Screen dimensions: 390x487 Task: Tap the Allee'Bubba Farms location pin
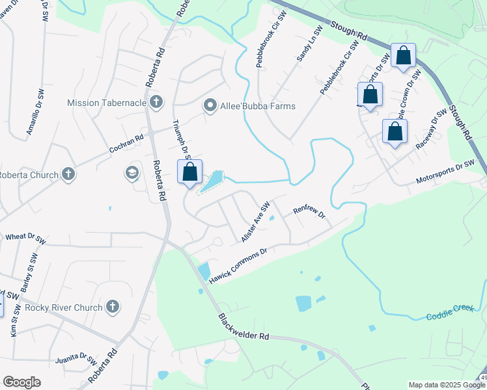(x=210, y=105)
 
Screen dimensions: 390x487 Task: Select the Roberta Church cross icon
(x=68, y=174)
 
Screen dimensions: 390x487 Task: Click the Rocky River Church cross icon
(x=112, y=307)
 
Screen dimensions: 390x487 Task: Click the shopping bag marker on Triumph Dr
(x=190, y=173)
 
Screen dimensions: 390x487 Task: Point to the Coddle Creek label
(x=449, y=312)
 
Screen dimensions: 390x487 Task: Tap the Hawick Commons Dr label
(x=238, y=264)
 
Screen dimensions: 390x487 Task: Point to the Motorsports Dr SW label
(x=446, y=172)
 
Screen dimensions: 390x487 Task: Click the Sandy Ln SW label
(x=310, y=45)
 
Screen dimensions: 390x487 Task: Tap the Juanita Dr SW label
(x=76, y=358)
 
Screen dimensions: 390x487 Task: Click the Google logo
(x=21, y=382)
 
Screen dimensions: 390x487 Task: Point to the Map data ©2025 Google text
(x=443, y=385)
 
